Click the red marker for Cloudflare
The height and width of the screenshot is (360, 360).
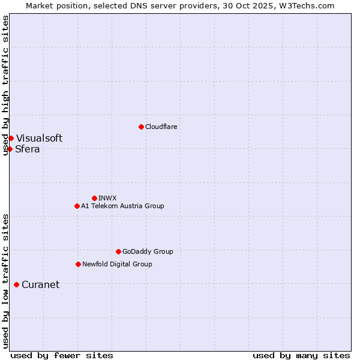pyautogui.click(x=141, y=127)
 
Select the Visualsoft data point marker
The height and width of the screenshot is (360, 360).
pyautogui.click(x=11, y=139)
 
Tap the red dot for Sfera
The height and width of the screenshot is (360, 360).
pyautogui.click(x=10, y=149)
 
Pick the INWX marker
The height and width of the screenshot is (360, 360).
pyautogui.click(x=94, y=198)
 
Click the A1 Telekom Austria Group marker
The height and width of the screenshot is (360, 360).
pyautogui.click(x=77, y=206)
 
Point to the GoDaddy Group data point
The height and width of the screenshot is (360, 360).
pyautogui.click(x=118, y=251)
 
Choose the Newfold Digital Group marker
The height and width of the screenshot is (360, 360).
pyautogui.click(x=78, y=264)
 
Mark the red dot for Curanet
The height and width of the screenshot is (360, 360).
pyautogui.click(x=16, y=284)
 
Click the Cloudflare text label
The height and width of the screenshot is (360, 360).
pyautogui.click(x=161, y=127)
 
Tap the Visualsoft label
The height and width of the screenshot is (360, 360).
pyautogui.click(x=39, y=139)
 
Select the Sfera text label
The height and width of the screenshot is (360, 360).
pyautogui.click(x=28, y=149)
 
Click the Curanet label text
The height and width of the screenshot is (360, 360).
pyautogui.click(x=40, y=285)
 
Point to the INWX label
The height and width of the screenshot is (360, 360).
pyautogui.click(x=107, y=198)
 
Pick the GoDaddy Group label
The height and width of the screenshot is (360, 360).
pyautogui.click(x=148, y=251)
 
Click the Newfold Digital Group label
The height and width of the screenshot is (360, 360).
pyautogui.click(x=117, y=264)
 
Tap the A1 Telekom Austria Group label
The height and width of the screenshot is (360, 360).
pyautogui.click(x=122, y=206)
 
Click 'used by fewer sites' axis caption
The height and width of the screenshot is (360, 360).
pyautogui.click(x=62, y=355)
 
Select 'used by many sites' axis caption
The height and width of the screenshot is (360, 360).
pyautogui.click(x=301, y=355)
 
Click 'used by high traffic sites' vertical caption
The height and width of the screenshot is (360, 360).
pyautogui.click(x=6, y=85)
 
